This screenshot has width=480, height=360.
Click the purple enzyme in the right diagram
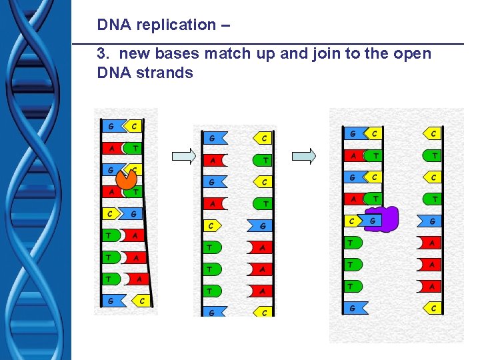pos(386,219)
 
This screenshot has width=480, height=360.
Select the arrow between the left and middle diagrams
pos(183,156)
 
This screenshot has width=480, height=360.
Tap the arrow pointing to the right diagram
pos(304,156)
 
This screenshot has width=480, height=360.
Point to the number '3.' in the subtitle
pos(104,54)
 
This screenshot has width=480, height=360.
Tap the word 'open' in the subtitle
pos(409,54)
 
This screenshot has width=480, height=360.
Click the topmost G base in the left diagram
pos(110,126)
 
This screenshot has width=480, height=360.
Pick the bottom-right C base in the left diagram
pos(141,301)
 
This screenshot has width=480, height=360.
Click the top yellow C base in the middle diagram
pos(263,138)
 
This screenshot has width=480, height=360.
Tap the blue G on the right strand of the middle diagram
pos(262,225)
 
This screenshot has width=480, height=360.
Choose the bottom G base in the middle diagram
pos(211,311)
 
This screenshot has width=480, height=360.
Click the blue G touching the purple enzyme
pos(371,220)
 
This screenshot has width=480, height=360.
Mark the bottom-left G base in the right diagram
pos(352,307)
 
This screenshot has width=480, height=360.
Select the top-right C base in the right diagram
pos(433,133)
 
